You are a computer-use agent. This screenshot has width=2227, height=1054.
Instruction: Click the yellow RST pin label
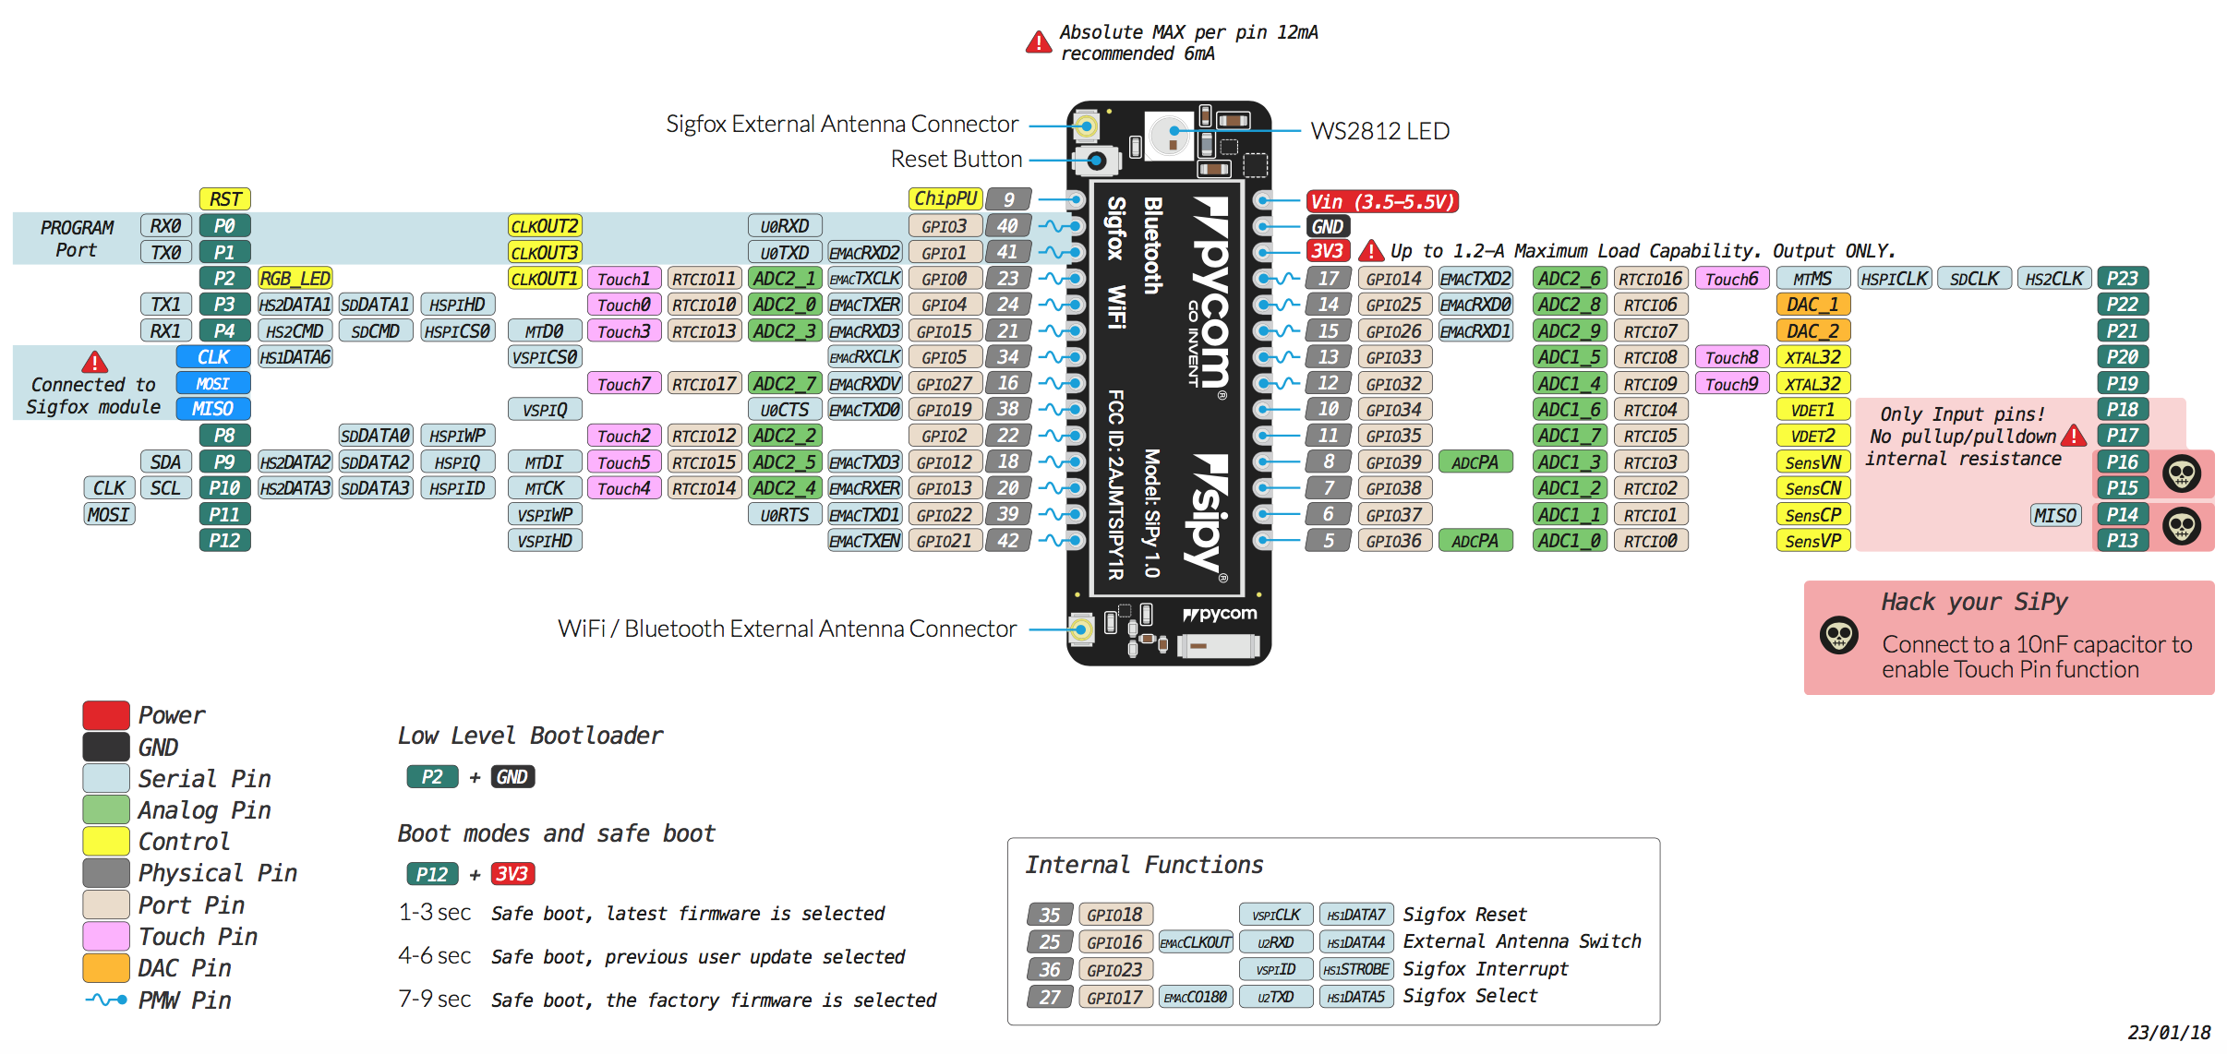point(224,199)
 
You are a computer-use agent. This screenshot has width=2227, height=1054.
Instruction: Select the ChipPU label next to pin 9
point(945,199)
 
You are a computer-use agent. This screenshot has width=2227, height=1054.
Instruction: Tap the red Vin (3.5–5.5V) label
point(1382,201)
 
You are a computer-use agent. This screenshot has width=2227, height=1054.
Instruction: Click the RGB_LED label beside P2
point(295,279)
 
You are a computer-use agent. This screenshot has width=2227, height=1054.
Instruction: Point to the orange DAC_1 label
point(1812,305)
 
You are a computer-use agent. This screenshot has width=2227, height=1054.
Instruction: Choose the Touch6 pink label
point(1731,279)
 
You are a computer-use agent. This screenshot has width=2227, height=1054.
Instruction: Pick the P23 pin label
point(2122,279)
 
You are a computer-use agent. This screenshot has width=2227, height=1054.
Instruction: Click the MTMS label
point(1812,279)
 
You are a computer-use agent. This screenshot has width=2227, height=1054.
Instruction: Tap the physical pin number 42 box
point(1007,541)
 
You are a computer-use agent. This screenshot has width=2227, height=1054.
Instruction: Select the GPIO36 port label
point(1393,541)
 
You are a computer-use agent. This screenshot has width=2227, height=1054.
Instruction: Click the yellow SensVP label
point(1812,541)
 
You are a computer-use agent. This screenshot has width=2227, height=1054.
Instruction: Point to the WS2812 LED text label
point(1379,131)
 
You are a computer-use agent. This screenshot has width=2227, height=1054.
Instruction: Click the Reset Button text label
point(956,160)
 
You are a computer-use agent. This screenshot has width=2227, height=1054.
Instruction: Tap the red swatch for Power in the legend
point(106,715)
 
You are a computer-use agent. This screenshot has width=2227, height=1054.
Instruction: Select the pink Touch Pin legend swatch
point(106,936)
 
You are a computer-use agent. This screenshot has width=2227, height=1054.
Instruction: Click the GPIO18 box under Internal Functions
point(1114,915)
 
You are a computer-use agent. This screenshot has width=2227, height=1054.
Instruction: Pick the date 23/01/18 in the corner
point(2169,1033)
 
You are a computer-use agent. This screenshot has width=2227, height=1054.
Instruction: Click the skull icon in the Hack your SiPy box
point(1838,635)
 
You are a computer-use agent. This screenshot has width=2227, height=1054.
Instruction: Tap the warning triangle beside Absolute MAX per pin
point(1039,42)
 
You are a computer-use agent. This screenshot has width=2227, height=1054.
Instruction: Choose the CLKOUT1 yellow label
point(544,279)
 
